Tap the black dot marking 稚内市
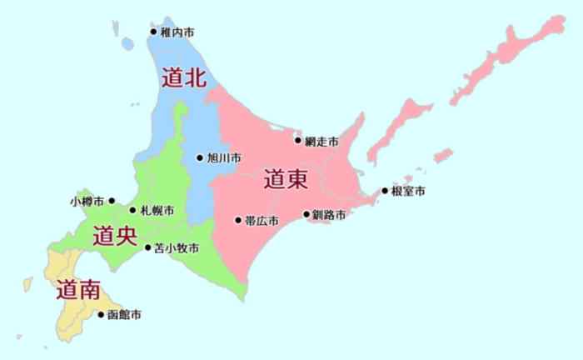[x=153, y=32]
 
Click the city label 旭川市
[x=224, y=157]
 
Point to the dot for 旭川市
[x=200, y=157]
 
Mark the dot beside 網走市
[x=298, y=142]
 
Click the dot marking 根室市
[x=385, y=191]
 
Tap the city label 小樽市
[x=88, y=202]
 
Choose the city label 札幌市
[x=157, y=210]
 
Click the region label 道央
[x=115, y=235]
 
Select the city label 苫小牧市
[x=177, y=247]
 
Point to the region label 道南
[x=79, y=290]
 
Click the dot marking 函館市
[x=102, y=315]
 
